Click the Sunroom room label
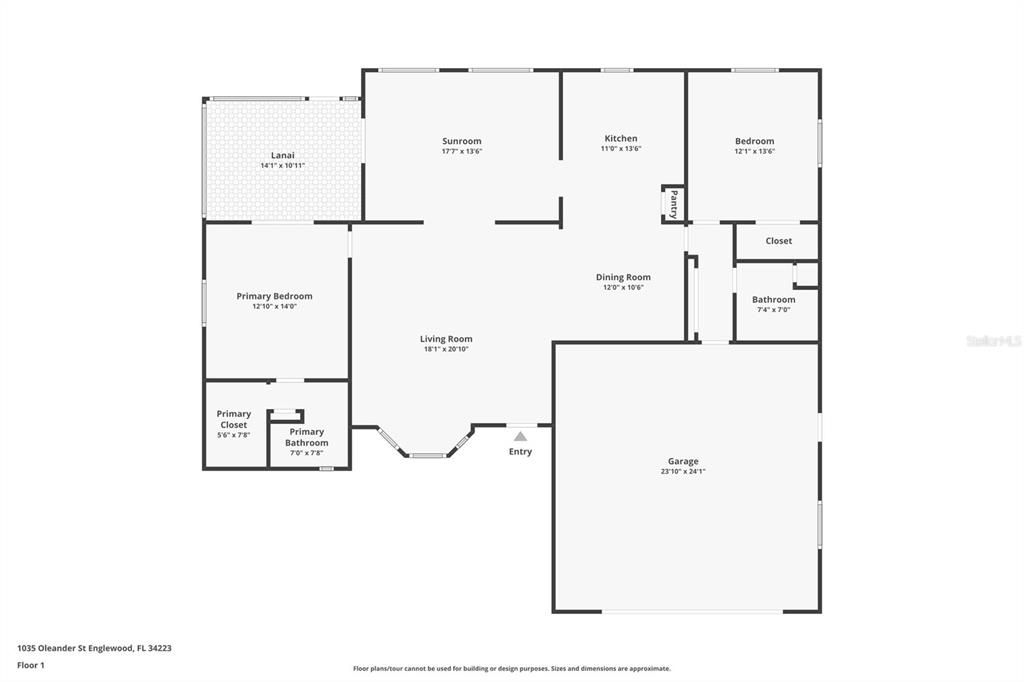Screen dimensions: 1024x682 (462, 141)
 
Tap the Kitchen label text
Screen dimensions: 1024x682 (621, 138)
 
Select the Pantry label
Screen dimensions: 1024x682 (674, 204)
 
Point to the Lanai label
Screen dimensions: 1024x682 (283, 155)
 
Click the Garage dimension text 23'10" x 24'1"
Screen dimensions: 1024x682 (683, 471)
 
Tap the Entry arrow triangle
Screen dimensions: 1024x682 (520, 436)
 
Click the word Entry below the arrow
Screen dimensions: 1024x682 (520, 451)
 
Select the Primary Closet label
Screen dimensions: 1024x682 (234, 419)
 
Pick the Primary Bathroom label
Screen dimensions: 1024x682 (307, 437)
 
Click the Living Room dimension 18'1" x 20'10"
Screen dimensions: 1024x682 (446, 349)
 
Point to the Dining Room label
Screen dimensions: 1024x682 (623, 277)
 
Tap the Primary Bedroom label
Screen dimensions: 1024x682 (274, 296)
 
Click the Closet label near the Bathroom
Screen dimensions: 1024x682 (778, 241)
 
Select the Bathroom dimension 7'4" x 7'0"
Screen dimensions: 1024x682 (774, 310)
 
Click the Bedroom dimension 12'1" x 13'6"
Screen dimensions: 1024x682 (754, 151)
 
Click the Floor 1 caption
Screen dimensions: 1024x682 (31, 666)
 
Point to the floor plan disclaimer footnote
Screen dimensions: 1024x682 (512, 668)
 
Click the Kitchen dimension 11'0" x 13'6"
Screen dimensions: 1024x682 (621, 148)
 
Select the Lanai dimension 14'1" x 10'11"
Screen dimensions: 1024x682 (283, 166)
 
